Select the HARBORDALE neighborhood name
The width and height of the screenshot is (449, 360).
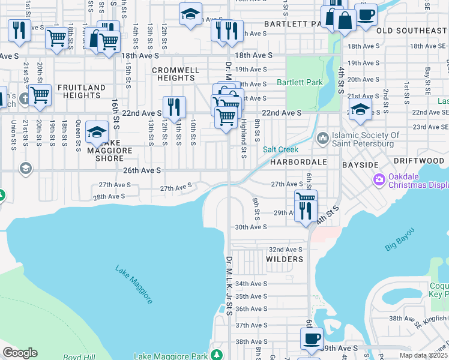(298, 162)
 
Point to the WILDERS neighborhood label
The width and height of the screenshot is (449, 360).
(285, 259)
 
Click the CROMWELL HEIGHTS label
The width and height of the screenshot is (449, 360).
(175, 74)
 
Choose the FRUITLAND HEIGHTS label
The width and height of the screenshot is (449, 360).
(81, 92)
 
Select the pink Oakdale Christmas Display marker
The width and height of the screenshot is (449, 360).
(379, 179)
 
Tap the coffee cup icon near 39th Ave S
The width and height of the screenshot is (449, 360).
(312, 338)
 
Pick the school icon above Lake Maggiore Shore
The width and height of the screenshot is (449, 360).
(97, 132)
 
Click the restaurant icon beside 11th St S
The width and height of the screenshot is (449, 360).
(174, 107)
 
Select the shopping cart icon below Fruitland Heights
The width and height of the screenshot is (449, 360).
(40, 95)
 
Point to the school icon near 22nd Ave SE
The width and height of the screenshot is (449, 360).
(360, 109)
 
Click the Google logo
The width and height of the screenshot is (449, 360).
(20, 353)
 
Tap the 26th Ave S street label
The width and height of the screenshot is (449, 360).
(142, 170)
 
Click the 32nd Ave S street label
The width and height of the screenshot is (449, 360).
(285, 249)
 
